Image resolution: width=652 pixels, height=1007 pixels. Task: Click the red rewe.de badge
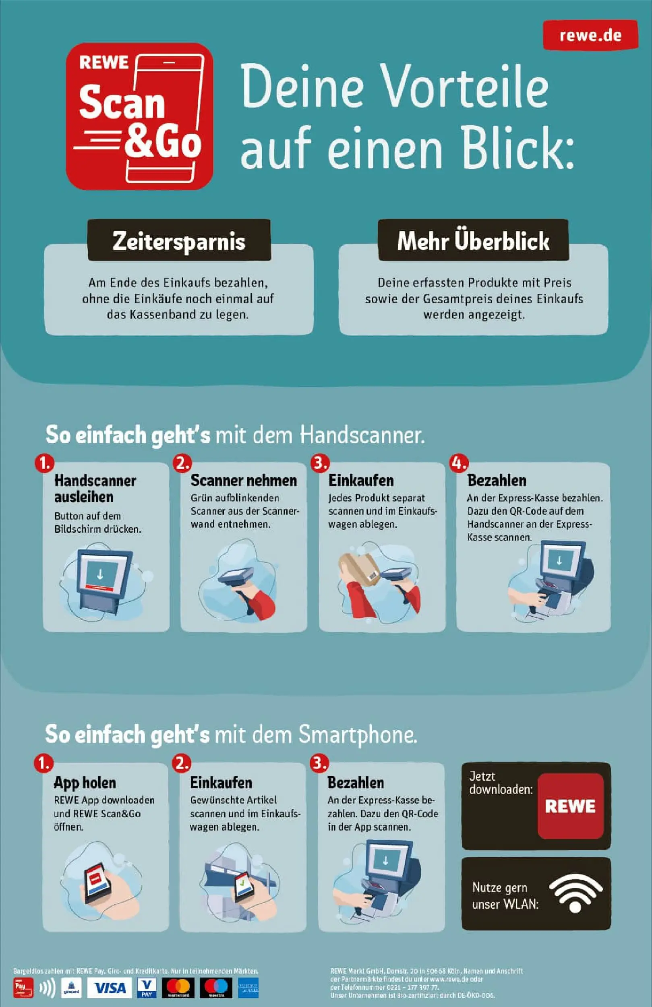point(590,35)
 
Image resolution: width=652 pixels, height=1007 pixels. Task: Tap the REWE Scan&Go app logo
point(140,116)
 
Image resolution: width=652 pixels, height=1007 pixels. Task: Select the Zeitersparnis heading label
point(179,241)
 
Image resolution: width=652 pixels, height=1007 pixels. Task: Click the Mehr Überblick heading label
point(473,241)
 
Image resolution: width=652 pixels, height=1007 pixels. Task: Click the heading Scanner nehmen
point(244,481)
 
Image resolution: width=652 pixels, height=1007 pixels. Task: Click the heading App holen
point(85,783)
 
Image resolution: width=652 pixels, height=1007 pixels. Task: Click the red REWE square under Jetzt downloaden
point(570,806)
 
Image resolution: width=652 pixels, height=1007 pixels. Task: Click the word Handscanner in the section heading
point(362,435)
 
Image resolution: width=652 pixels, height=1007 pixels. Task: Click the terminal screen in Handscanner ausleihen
point(100,574)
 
